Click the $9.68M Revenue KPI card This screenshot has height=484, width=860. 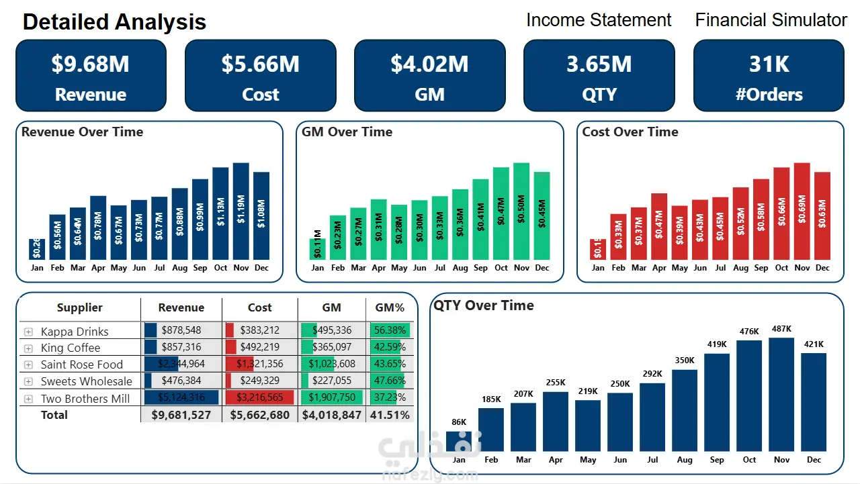point(91,75)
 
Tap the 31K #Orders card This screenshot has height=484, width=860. point(769,75)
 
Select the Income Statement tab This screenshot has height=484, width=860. point(599,20)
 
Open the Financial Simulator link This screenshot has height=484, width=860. point(771,20)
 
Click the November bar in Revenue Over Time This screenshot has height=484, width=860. point(241,211)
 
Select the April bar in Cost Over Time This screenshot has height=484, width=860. point(659,226)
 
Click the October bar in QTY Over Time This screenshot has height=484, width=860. point(749,395)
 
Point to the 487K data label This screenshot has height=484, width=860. point(781,329)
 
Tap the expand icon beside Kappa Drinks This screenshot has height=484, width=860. point(28,332)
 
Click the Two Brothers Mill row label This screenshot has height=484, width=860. point(85,398)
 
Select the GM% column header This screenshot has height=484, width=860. point(390,307)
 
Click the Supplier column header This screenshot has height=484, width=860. point(80,307)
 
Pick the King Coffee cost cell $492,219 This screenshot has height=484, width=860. point(260,347)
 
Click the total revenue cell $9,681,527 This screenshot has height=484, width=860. point(181,415)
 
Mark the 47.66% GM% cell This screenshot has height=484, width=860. point(390,381)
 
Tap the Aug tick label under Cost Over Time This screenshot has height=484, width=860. point(740,268)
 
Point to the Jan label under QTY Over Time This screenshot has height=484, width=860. point(459,460)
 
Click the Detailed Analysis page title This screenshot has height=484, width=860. point(114,22)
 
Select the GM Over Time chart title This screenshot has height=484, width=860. point(347,132)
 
